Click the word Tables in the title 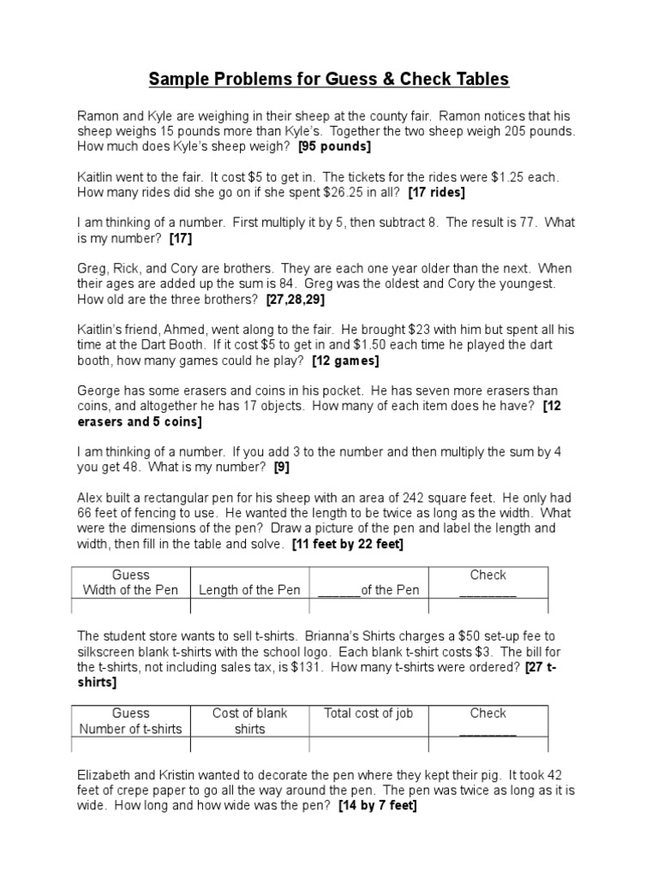475,80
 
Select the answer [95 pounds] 335,146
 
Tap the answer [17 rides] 436,193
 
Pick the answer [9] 281,468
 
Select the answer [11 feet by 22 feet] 347,544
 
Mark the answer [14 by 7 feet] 378,806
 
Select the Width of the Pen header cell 130,582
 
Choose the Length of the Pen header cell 249,590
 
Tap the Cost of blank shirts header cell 249,721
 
